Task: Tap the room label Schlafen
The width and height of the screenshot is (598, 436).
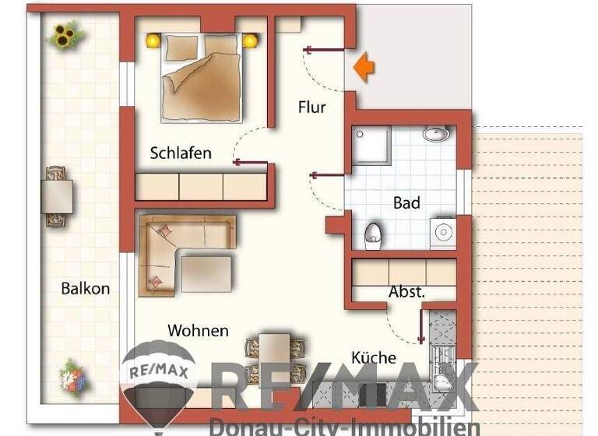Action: (181, 153)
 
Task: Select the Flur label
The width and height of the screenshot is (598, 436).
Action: (311, 107)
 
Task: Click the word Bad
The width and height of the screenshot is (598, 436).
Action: (406, 203)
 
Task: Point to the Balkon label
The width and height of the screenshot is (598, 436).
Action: (86, 288)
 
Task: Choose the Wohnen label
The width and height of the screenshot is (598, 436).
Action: (198, 331)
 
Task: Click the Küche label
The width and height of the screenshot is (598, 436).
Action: (374, 358)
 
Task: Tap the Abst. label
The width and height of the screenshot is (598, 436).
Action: (406, 293)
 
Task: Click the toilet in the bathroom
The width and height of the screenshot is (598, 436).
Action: (374, 233)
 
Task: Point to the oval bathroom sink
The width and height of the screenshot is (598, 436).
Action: (438, 135)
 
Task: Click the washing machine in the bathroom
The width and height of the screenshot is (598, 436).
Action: (443, 232)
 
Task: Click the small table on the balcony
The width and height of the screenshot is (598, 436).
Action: (58, 196)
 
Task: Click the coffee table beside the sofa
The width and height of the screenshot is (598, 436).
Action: (206, 272)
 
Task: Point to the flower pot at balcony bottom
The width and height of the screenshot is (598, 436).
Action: (72, 377)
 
